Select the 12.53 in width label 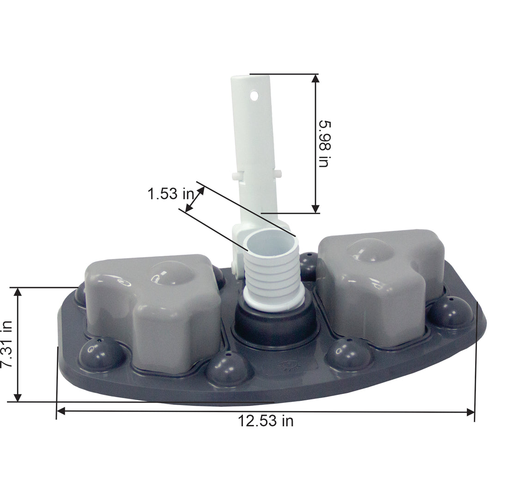tap(266, 421)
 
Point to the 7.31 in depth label tap(6, 344)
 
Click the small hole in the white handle tap(254, 96)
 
